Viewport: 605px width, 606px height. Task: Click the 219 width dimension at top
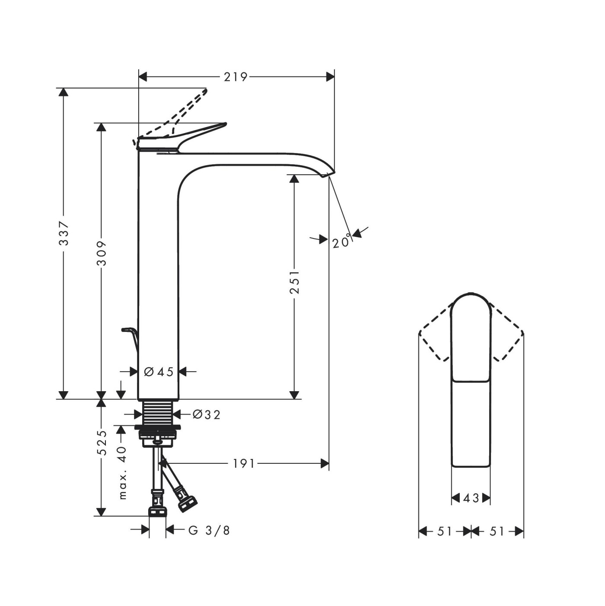point(236,77)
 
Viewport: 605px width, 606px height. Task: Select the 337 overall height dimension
point(64,233)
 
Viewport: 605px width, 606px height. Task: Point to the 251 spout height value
point(294,282)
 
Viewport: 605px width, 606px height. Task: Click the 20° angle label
point(341,242)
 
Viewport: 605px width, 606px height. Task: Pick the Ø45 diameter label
point(159,371)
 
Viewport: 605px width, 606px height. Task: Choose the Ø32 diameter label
point(206,415)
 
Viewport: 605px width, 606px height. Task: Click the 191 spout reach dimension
point(244,464)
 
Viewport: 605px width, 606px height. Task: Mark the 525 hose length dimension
point(102,443)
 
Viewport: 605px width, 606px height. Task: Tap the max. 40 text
point(123,473)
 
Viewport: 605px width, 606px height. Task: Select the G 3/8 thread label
point(209,530)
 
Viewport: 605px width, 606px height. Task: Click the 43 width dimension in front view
point(471,498)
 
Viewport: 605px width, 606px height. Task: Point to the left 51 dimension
point(444,531)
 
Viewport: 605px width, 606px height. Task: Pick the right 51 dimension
point(497,531)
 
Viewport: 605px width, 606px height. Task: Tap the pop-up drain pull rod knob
point(126,330)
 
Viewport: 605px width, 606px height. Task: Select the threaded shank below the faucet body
point(158,413)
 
